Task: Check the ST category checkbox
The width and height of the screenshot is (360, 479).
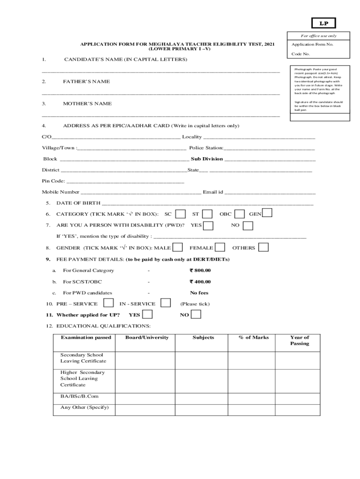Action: [x=208, y=214]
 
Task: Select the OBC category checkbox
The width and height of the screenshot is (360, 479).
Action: [x=239, y=214]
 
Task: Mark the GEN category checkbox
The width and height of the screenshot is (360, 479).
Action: [x=267, y=213]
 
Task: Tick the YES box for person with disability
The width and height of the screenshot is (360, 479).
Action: [x=209, y=225]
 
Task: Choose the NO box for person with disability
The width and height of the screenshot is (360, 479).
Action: [x=248, y=225]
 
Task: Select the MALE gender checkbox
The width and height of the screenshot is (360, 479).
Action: [x=178, y=247]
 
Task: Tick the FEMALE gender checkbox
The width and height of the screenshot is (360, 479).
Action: [x=220, y=247]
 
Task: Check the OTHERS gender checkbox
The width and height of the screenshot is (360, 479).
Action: [x=264, y=247]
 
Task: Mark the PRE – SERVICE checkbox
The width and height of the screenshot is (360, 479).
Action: [x=108, y=303]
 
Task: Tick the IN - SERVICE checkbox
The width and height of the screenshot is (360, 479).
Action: [x=166, y=303]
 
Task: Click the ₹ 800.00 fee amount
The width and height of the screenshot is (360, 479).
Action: [x=200, y=270]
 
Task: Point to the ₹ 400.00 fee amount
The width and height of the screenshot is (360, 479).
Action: [x=200, y=282]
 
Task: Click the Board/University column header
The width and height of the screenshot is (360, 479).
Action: [x=147, y=337]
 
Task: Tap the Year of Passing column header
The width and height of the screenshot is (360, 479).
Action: [x=299, y=340]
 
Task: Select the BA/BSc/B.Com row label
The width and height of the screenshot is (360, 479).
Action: [x=79, y=396]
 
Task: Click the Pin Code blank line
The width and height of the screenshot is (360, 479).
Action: [x=125, y=181]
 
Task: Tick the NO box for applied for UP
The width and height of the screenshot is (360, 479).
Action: [x=196, y=314]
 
